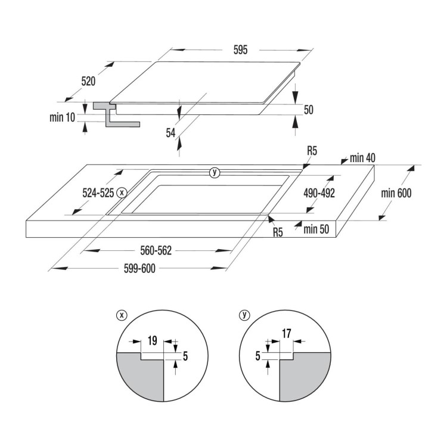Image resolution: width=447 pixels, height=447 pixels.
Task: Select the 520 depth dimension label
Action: point(88,80)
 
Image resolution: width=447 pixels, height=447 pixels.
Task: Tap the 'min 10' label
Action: point(62,117)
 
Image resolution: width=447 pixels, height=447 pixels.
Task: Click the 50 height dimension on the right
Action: point(308,110)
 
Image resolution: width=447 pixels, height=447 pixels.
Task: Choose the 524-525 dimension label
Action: point(98,193)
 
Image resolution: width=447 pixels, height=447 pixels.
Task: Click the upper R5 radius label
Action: point(312,151)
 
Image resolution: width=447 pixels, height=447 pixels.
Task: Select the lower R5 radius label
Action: point(278,232)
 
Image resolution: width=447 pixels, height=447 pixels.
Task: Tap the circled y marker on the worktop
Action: point(215,172)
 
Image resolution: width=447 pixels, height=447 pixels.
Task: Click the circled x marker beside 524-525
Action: point(122,193)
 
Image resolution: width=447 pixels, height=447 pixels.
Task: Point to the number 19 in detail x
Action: point(151,342)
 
